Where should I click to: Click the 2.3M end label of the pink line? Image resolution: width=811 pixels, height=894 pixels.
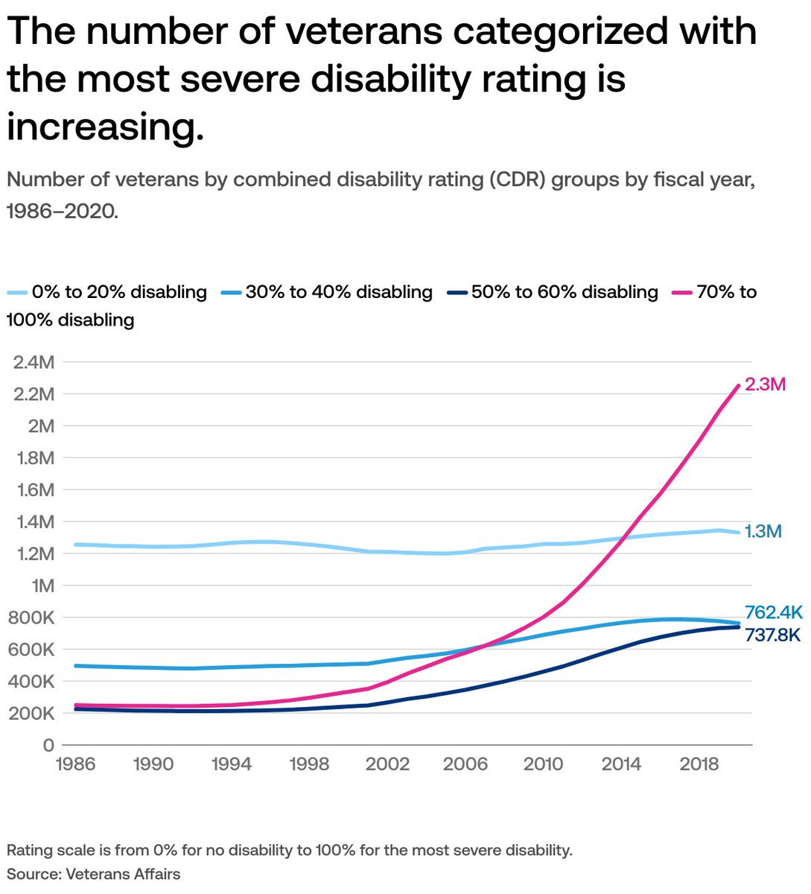click(x=765, y=385)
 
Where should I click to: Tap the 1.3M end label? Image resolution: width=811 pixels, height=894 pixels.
click(x=763, y=532)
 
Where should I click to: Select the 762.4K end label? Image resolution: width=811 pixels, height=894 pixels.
click(x=773, y=612)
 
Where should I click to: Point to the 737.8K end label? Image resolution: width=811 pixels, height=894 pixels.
click(x=772, y=635)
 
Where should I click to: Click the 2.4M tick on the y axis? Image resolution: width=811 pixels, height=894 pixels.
click(x=34, y=362)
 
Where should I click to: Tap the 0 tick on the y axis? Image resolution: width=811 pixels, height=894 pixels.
click(x=48, y=745)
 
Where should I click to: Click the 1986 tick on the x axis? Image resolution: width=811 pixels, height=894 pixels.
click(x=75, y=765)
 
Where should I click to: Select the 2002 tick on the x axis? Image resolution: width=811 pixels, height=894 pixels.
click(x=387, y=765)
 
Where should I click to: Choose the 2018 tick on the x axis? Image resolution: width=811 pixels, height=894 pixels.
click(x=699, y=765)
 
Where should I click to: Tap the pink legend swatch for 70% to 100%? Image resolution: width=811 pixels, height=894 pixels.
click(x=682, y=293)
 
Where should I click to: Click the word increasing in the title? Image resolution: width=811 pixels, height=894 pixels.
click(x=105, y=127)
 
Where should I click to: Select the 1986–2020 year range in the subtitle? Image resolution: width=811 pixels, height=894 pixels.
click(x=62, y=211)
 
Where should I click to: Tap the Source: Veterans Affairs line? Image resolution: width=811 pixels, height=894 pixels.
click(x=93, y=874)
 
